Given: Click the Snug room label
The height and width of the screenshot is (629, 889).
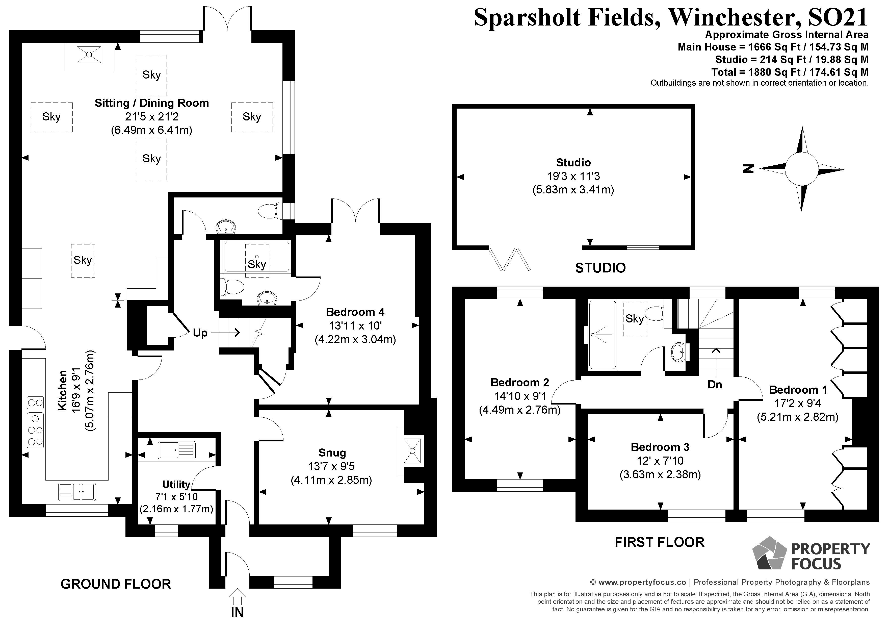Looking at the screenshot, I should [332, 452].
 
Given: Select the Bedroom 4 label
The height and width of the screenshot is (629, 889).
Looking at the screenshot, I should [355, 312].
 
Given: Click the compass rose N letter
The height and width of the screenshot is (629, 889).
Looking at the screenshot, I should [748, 168].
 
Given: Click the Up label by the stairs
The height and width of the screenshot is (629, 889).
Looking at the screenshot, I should [200, 333].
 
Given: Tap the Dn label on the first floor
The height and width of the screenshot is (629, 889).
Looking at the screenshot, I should [715, 384].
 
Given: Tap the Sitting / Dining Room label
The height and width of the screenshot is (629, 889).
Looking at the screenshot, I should [151, 103].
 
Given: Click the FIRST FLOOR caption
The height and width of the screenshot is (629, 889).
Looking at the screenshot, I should [659, 542].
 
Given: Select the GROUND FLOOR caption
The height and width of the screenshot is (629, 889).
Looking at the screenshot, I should [116, 584].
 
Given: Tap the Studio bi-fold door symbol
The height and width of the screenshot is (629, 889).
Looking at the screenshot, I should [510, 259].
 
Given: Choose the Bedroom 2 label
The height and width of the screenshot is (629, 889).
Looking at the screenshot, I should [520, 382].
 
